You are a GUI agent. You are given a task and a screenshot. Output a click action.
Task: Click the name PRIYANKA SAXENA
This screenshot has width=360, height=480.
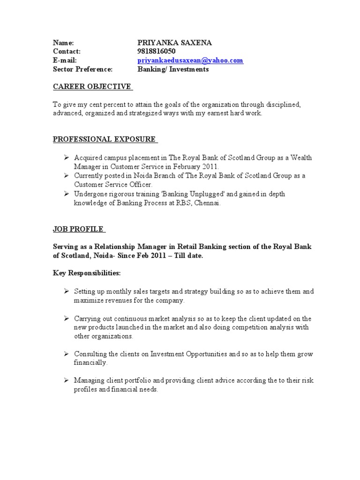pos(174,43)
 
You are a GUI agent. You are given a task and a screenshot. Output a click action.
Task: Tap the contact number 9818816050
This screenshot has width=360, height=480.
pos(157,52)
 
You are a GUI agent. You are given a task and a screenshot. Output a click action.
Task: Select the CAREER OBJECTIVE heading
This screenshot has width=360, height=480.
pos(92,87)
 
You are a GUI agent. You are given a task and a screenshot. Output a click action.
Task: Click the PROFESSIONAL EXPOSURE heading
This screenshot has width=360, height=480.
pos(104,139)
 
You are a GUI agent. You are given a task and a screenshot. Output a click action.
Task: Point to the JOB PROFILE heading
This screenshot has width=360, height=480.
pos(78,230)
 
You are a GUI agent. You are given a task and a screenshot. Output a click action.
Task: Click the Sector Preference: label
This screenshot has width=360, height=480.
pos(82,69)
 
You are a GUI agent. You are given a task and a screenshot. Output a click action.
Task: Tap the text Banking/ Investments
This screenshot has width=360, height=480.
pos(173,69)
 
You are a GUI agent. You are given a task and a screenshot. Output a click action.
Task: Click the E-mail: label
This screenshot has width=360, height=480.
pos(65,60)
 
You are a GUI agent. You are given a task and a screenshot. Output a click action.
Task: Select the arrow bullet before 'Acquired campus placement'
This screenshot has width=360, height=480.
pos(67,158)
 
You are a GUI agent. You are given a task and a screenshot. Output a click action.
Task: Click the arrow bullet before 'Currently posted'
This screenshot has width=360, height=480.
pos(67,176)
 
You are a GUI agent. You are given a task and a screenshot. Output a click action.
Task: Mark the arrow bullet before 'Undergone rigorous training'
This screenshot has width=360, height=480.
pos(67,194)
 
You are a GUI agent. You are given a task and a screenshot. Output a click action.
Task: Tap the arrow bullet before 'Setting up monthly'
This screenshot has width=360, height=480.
pos(67,292)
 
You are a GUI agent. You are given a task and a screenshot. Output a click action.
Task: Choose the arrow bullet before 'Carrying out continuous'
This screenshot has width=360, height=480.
pos(67,319)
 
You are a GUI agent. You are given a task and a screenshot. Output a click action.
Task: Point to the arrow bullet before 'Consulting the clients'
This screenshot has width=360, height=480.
pos(67,354)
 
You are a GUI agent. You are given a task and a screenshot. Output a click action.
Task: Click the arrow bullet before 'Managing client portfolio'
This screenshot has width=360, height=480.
pos(67,381)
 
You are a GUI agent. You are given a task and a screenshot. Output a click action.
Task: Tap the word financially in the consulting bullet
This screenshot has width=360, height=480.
pos(90,363)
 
